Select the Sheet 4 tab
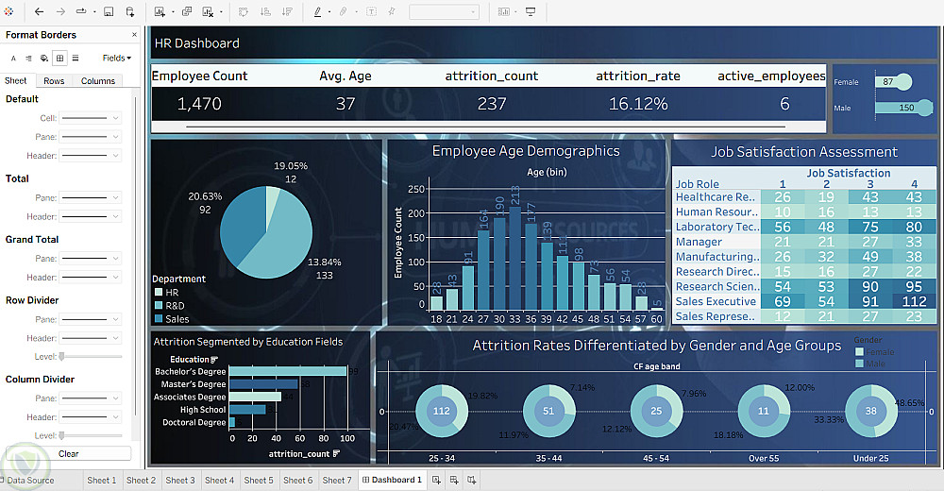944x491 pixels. click(219, 481)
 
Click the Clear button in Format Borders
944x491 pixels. click(69, 454)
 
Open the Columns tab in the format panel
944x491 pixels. click(97, 81)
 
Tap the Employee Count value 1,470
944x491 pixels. click(199, 104)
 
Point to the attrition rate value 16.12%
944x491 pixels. click(638, 104)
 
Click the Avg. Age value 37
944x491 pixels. click(346, 104)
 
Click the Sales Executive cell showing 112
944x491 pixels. click(913, 302)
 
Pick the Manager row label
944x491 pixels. click(699, 242)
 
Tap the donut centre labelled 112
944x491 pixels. click(441, 411)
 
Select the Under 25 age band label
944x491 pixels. click(871, 458)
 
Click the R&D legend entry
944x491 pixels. click(177, 306)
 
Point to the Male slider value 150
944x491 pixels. click(906, 108)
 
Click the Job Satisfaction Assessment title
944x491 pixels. click(804, 152)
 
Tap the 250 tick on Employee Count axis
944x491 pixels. click(415, 189)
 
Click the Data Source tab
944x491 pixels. click(30, 481)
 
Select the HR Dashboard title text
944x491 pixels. click(197, 43)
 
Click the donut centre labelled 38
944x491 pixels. click(871, 411)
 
